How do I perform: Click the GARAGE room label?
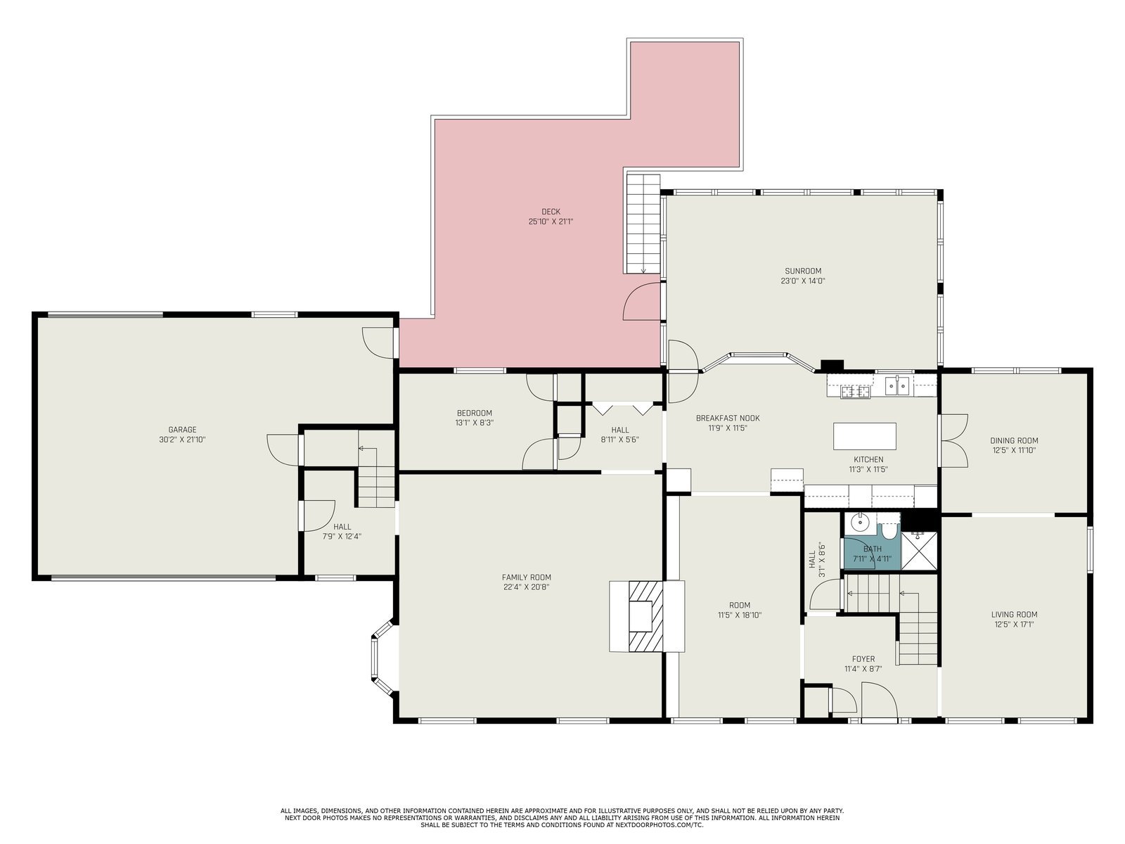182,430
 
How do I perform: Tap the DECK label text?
551,212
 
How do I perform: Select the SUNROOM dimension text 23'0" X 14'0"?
803,281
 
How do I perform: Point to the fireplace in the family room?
646,616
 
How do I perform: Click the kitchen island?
865,436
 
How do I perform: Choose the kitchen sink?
897,385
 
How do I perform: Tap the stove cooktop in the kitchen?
856,392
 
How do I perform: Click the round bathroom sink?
858,523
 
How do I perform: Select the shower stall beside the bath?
920,551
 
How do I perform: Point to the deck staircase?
643,224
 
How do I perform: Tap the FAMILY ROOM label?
527,577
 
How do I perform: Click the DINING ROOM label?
1014,440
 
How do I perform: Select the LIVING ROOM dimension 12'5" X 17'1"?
1014,624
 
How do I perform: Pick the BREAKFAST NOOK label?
727,418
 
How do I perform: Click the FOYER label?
863,658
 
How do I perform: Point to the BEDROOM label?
474,413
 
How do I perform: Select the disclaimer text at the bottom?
562,818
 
